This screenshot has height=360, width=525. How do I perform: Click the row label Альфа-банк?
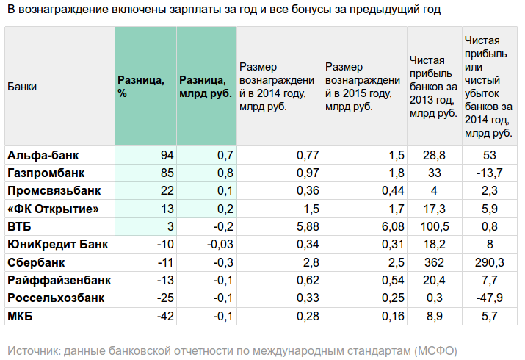pyautogui.click(x=43, y=155)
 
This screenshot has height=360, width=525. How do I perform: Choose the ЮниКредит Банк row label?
pyautogui.click(x=57, y=244)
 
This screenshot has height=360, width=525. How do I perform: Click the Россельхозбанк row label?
pyautogui.click(x=56, y=298)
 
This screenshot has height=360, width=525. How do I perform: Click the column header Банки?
pyautogui.click(x=22, y=87)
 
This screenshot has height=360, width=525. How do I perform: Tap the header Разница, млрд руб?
pyautogui.click(x=206, y=87)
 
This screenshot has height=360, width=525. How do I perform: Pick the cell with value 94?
pyautogui.click(x=166, y=155)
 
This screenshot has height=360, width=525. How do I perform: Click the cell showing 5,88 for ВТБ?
pyautogui.click(x=308, y=226)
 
